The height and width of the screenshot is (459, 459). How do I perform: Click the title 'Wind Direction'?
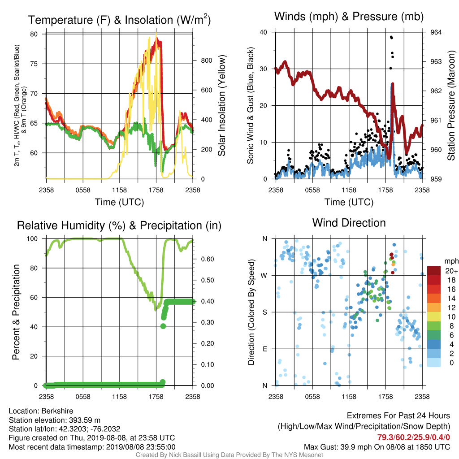click(349, 223)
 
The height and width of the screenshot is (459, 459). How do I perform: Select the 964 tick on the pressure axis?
click(436, 32)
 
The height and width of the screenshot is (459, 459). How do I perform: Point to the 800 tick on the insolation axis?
click(206, 61)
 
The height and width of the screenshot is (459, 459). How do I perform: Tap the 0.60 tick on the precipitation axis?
click(207, 259)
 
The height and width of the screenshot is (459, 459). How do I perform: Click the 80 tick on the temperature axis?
click(34, 34)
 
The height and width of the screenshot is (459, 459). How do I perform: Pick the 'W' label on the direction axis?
click(264, 276)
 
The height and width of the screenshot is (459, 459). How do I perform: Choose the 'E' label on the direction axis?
click(265, 349)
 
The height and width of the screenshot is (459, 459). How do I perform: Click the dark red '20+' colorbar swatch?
click(433, 271)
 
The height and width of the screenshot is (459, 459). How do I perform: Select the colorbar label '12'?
click(451, 307)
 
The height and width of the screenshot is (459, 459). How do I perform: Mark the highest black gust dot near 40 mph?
click(391, 37)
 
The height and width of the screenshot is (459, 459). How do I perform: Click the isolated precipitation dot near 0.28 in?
click(163, 326)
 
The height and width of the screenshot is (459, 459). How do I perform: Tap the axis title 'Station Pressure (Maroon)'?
click(451, 105)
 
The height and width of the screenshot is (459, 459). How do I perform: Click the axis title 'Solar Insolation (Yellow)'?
click(221, 105)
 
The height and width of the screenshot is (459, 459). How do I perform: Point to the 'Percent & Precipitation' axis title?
click(16, 312)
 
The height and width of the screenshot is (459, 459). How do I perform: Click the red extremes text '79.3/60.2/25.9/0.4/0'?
click(413, 437)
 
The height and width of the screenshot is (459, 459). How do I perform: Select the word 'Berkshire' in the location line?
click(57, 411)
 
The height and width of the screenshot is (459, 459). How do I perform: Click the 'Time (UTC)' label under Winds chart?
click(349, 202)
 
